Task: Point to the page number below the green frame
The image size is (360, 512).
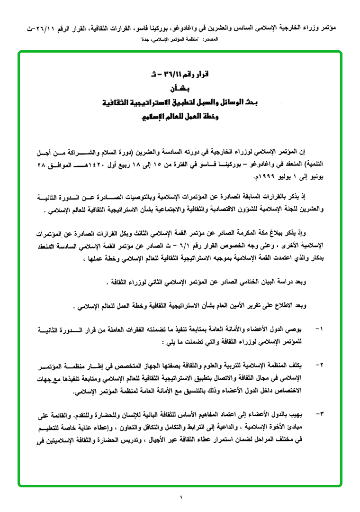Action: (180, 497)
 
